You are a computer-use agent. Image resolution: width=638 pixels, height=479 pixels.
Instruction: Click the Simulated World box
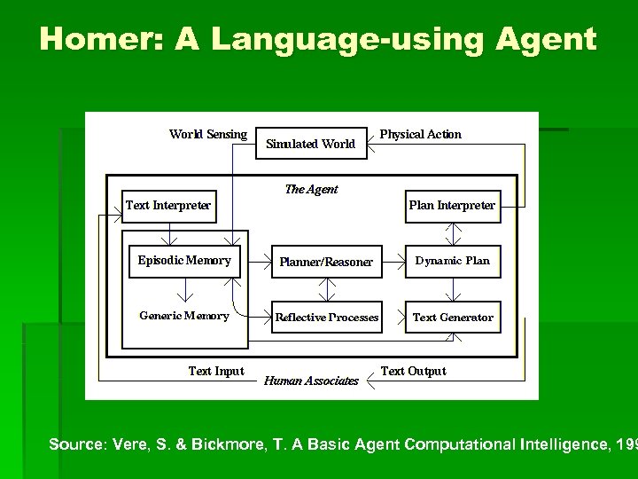(x=311, y=143)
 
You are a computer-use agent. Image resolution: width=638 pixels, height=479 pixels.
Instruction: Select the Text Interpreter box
(x=168, y=206)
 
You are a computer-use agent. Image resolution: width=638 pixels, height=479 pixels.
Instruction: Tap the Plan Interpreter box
(x=452, y=206)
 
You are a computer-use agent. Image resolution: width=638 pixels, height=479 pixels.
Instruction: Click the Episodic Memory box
(x=184, y=261)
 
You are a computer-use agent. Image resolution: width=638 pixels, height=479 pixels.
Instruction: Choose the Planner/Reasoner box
(x=327, y=262)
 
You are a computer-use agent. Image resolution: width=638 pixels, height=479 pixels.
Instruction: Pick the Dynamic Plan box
(x=453, y=261)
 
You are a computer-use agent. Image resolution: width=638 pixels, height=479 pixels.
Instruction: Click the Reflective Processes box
(x=327, y=317)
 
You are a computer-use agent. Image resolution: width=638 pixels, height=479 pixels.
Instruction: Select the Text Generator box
(x=453, y=317)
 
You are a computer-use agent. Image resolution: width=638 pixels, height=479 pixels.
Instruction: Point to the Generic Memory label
(x=184, y=316)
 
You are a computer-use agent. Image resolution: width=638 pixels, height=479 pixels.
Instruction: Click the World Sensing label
(x=208, y=135)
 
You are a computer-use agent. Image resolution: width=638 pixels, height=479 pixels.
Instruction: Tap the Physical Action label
(x=421, y=135)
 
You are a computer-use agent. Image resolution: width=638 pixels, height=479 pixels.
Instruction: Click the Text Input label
(x=216, y=371)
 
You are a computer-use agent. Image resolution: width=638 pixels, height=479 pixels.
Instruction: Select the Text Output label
(x=414, y=371)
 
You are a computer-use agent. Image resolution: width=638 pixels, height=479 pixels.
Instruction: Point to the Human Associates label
(x=312, y=381)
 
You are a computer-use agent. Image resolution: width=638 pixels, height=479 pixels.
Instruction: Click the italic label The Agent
(x=311, y=189)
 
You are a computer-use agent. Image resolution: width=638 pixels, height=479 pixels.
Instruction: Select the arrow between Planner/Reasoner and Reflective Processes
(x=328, y=289)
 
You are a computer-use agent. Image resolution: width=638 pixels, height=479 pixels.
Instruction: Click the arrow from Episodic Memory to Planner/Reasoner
(x=256, y=262)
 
